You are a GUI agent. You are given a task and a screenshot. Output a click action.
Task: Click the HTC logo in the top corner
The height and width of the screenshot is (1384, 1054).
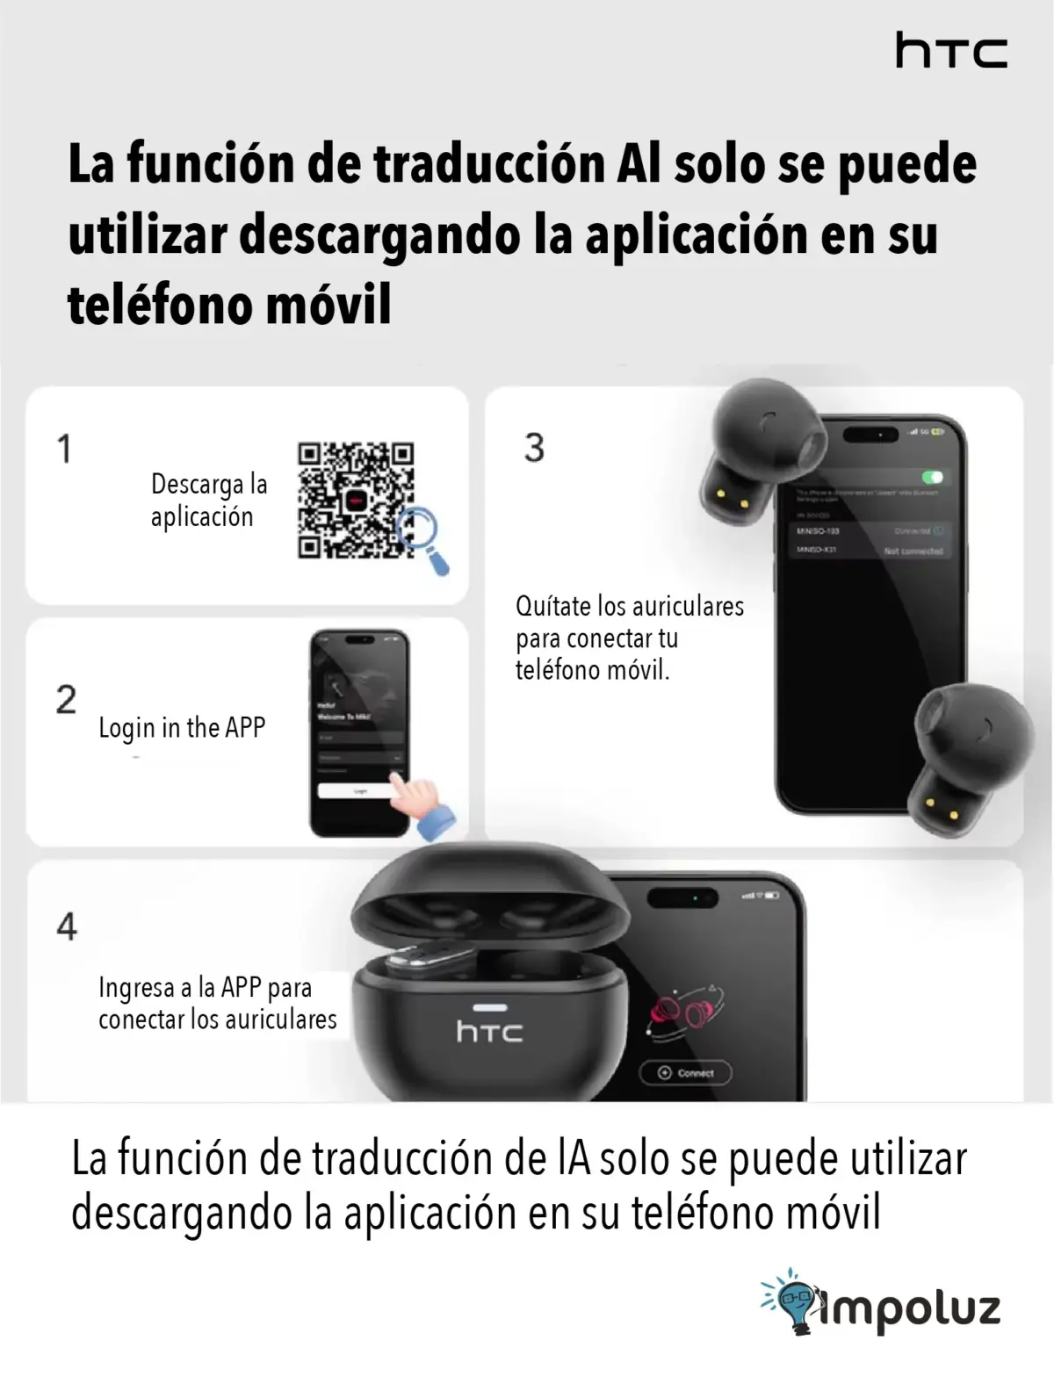tap(950, 51)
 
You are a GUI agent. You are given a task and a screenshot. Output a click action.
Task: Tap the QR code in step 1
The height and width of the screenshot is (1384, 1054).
tap(355, 500)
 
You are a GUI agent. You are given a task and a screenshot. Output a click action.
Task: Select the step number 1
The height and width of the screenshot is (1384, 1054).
tap(64, 449)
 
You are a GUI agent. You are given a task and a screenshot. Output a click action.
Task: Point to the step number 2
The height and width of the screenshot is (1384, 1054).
tap(66, 700)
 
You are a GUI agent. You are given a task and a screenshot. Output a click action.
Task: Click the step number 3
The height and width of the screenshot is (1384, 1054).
tap(534, 448)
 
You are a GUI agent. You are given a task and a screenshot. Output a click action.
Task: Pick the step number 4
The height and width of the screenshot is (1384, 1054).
tap(67, 926)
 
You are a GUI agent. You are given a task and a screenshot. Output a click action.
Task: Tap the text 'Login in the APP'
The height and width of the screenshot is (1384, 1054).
tap(182, 728)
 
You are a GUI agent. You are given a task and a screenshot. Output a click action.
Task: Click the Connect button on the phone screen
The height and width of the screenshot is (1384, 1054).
tap(685, 1072)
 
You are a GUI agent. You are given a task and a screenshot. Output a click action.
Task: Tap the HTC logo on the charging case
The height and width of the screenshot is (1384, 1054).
tap(489, 1031)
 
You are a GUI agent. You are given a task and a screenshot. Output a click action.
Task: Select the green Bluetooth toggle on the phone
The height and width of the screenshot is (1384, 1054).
tap(931, 477)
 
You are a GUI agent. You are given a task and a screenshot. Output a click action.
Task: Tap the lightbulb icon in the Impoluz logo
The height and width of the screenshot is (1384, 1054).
tap(794, 1303)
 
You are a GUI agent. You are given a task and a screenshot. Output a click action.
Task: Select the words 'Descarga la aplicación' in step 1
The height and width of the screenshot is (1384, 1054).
tap(208, 501)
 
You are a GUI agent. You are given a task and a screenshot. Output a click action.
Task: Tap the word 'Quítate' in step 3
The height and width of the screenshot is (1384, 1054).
tap(553, 606)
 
